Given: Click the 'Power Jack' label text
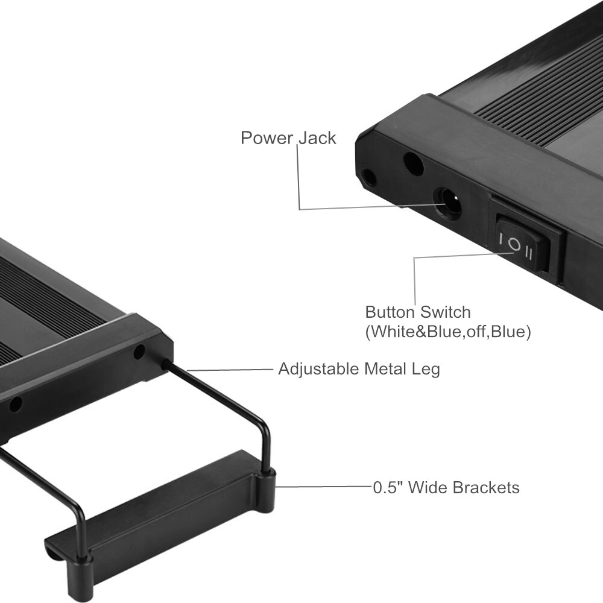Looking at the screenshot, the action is point(288,138).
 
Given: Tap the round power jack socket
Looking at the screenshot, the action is point(447,203).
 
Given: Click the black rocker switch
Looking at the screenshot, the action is point(522,247).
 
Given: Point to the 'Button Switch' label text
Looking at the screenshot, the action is point(418,312).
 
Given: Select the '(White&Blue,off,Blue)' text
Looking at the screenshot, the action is point(448,332).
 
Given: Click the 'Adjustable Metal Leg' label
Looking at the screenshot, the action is point(359,369).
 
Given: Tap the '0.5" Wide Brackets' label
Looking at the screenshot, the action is point(446,488).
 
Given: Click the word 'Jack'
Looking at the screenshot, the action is point(317,138).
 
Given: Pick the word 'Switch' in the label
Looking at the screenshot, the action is point(445,312).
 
